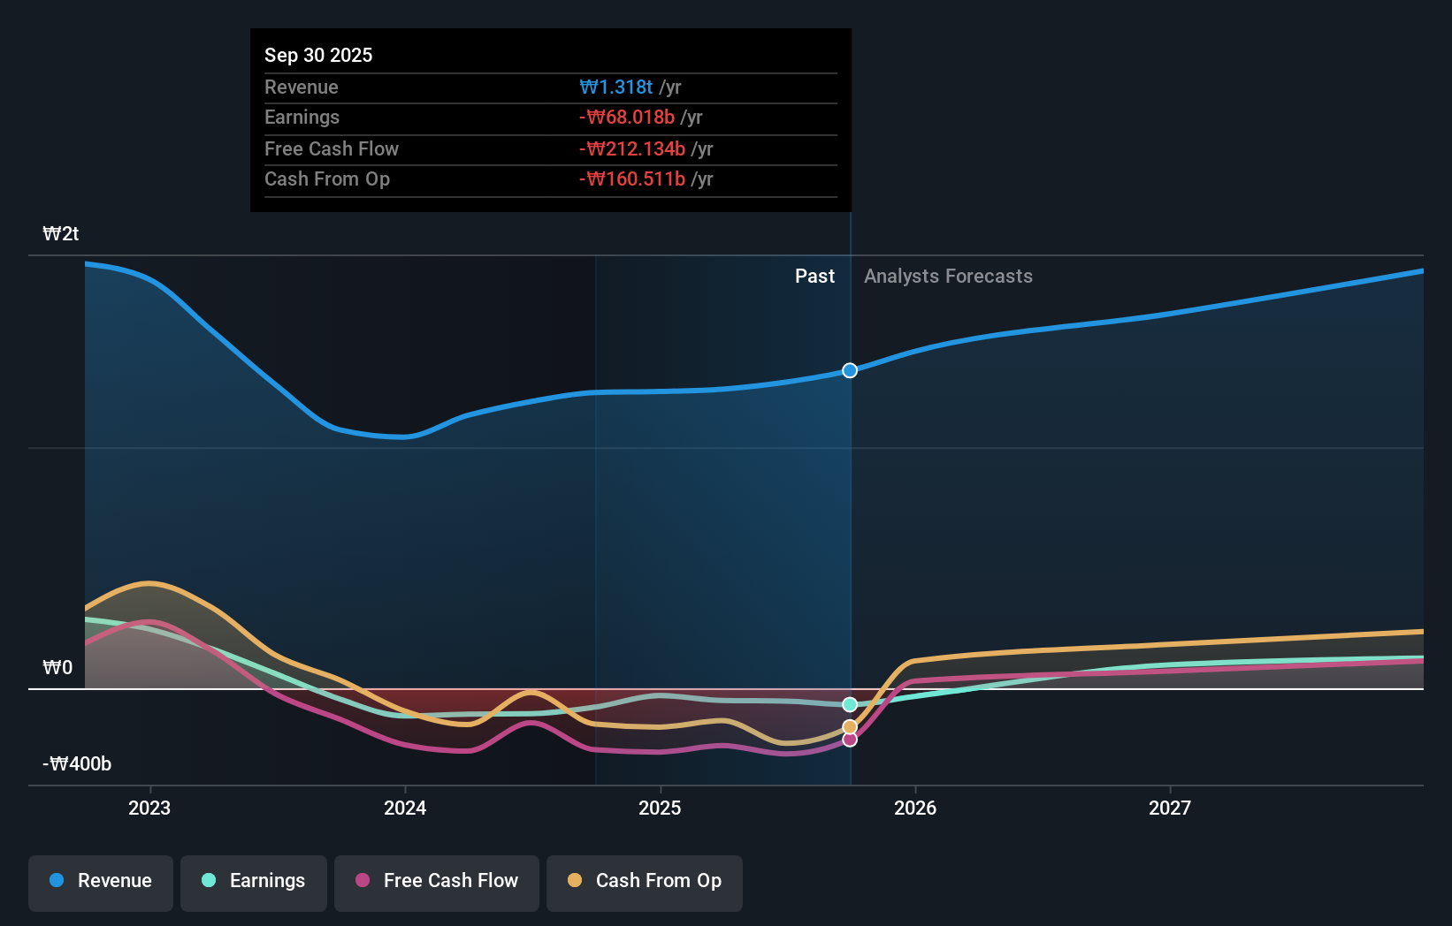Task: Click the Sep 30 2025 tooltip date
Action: point(318,55)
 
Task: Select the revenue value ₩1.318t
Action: point(616,87)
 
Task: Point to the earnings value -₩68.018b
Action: point(627,118)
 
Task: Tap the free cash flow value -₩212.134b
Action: point(632,148)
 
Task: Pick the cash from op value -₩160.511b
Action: point(632,179)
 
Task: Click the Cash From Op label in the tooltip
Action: point(327,179)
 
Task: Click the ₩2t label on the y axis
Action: point(61,234)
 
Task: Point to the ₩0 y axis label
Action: point(57,667)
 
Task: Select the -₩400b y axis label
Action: point(77,763)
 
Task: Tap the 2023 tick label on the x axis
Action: point(149,808)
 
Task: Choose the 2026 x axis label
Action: point(915,808)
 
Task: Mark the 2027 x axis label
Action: point(1170,808)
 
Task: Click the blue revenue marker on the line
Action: point(850,370)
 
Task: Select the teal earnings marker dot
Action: point(850,704)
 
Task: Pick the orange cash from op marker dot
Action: point(850,727)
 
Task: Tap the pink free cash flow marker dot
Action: point(850,740)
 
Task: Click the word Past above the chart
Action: point(814,277)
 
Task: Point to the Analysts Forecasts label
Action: point(948,277)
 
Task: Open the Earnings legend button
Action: point(254,881)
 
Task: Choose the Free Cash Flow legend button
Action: point(437,881)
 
